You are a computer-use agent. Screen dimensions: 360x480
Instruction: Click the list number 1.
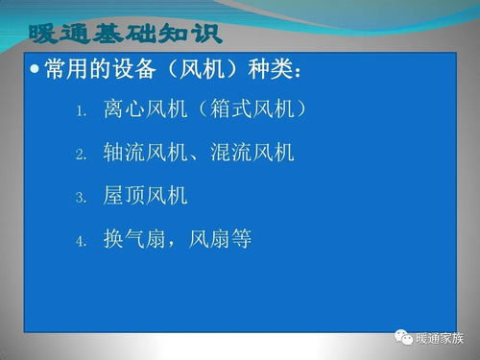[x=83, y=111]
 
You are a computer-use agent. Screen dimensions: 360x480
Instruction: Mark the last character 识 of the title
[x=205, y=36]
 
